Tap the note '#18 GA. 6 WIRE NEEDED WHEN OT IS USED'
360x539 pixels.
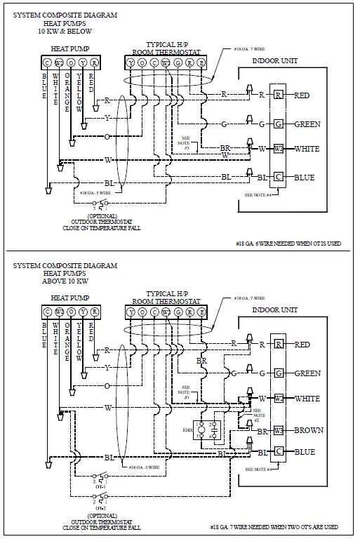pos(289,244)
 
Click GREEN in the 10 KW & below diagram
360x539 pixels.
pos(307,124)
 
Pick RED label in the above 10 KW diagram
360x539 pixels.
pos(302,345)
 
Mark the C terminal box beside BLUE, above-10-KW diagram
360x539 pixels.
pos(279,451)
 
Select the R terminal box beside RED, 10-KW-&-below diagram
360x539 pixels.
pos(279,95)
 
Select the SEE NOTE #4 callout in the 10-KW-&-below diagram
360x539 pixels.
pos(258,193)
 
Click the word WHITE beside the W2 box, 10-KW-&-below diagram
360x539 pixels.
pos(307,149)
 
